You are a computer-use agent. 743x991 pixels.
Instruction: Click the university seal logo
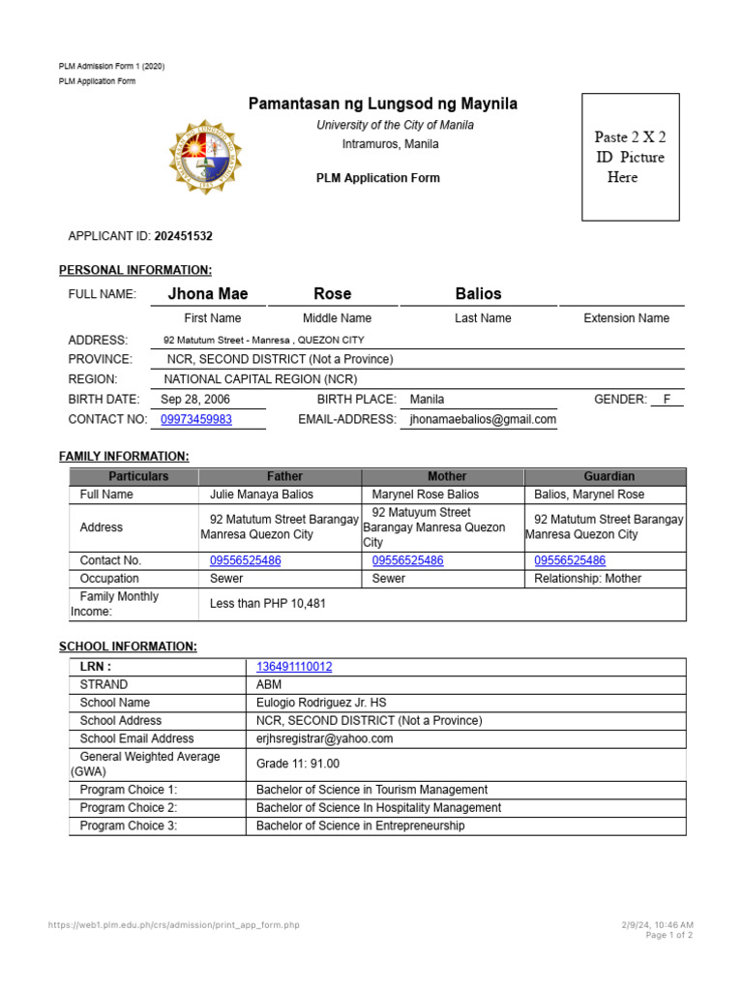(x=205, y=157)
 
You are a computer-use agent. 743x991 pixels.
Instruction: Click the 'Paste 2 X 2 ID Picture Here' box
(x=630, y=157)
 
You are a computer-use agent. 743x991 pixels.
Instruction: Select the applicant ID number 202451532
(x=183, y=236)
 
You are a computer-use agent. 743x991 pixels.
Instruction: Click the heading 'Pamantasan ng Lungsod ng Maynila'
(x=383, y=104)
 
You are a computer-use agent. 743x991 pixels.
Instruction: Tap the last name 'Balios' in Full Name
(x=478, y=293)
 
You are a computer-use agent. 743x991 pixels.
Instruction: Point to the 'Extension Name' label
(x=626, y=317)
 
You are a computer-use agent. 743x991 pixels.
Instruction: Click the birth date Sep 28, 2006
(x=195, y=399)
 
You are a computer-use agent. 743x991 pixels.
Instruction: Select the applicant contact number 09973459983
(x=196, y=419)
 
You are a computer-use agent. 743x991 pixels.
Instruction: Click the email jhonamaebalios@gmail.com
(x=483, y=419)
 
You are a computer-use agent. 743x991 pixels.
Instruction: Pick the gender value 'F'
(x=667, y=399)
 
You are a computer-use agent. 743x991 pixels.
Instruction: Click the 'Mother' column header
(x=446, y=476)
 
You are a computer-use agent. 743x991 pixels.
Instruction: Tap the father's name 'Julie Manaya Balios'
(x=261, y=495)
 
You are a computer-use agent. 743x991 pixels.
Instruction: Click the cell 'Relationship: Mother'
(x=588, y=579)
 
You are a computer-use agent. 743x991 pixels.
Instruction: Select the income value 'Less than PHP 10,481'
(x=268, y=604)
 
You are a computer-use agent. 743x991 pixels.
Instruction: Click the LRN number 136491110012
(x=294, y=667)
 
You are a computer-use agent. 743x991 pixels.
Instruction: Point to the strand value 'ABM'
(x=268, y=684)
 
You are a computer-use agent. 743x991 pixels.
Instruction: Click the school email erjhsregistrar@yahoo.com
(x=324, y=738)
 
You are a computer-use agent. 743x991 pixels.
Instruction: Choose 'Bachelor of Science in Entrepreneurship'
(x=360, y=826)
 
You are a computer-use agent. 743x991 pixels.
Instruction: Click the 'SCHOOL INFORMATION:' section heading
(x=128, y=646)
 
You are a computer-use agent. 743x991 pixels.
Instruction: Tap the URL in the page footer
(x=174, y=925)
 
